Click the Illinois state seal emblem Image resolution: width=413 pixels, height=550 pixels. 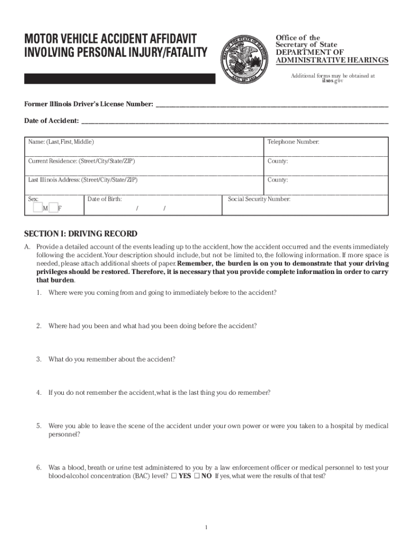245,57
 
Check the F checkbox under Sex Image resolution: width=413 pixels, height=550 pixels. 53,208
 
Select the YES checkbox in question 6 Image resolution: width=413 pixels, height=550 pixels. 174,476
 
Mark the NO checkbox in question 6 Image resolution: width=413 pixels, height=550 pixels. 197,476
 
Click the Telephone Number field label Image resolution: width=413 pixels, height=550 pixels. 293,142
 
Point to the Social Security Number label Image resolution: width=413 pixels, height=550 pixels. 259,199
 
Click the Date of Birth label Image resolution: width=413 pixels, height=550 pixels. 105,199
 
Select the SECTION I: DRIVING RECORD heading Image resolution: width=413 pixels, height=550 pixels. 80,234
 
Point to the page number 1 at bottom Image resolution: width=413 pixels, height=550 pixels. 206,527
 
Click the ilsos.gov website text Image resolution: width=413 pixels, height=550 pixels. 332,81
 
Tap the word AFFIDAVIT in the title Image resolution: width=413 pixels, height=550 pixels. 167,39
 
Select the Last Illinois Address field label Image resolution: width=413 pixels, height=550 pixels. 83,180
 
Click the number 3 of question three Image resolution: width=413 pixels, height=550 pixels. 39,359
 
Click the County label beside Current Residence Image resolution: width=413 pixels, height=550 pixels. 278,161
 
